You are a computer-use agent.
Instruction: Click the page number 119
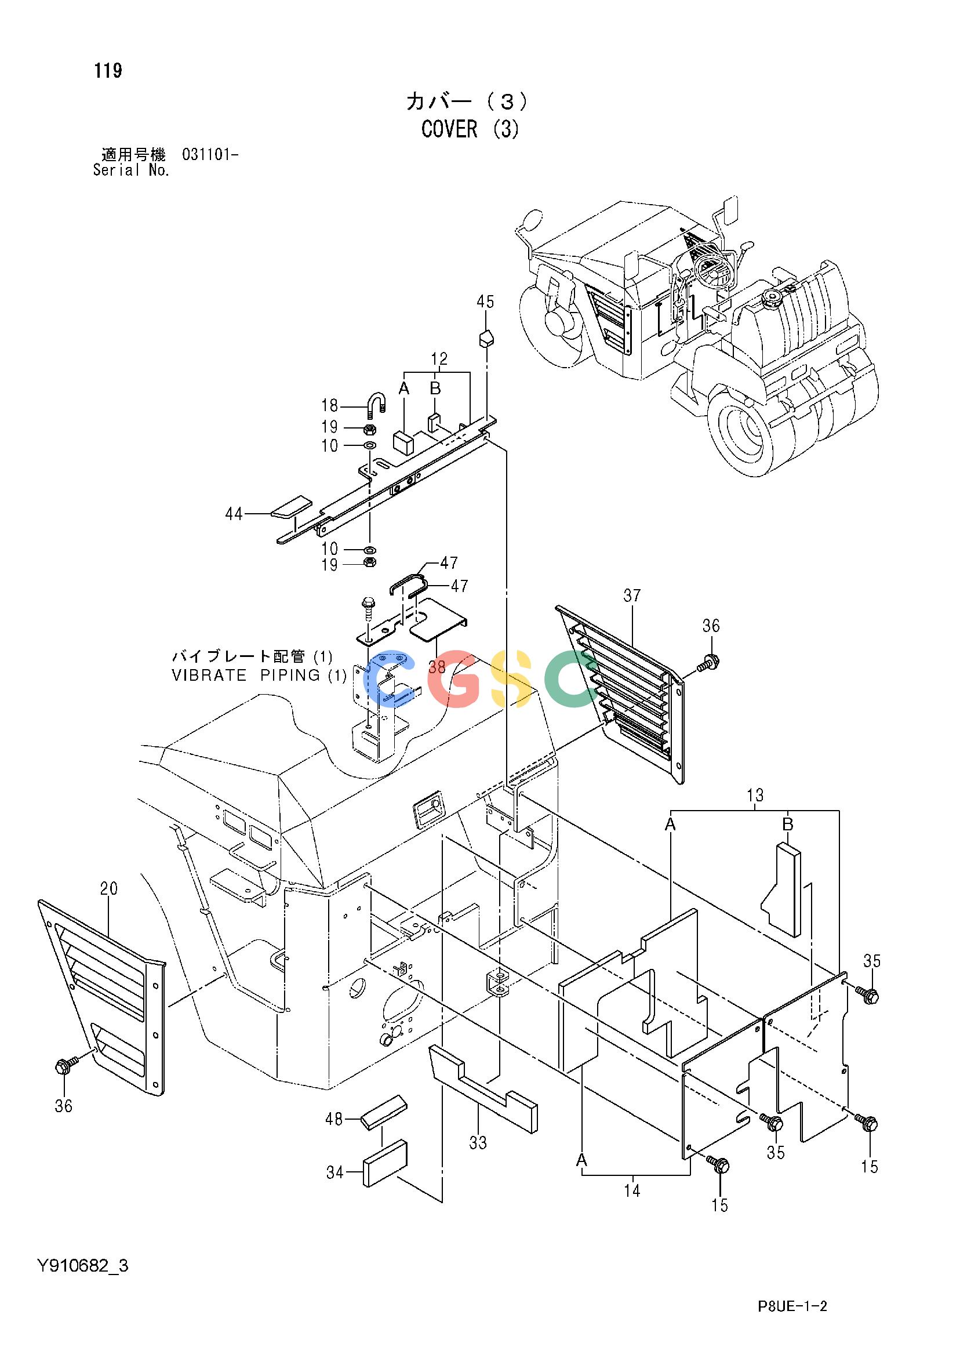[x=108, y=71]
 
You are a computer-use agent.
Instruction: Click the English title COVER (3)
[x=470, y=129]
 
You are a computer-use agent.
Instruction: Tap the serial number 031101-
[x=210, y=155]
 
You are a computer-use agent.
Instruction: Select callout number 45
[x=485, y=302]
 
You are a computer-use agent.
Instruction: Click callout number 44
[x=234, y=514]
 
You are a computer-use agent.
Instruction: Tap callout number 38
[x=437, y=667]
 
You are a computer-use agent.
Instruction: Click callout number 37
[x=632, y=596]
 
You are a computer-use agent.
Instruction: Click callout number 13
[x=755, y=796]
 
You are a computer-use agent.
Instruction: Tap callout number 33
[x=478, y=1143]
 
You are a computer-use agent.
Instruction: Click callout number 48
[x=334, y=1119]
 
